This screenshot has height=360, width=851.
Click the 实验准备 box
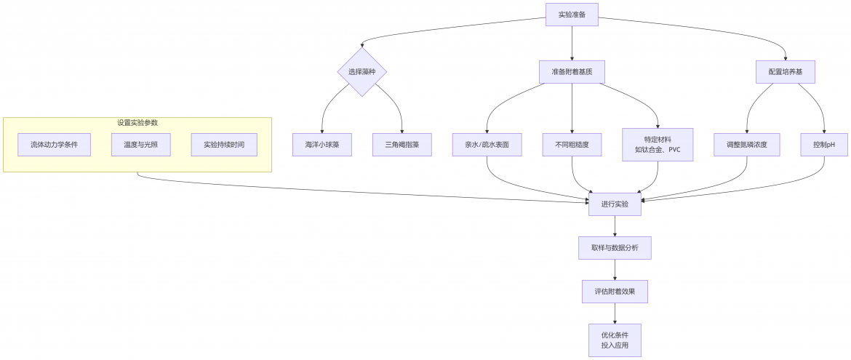click(572, 14)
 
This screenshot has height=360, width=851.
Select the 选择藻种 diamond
click(362, 72)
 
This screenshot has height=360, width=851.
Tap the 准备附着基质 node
click(572, 72)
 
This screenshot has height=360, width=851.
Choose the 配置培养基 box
click(786, 72)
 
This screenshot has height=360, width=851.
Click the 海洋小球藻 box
click(322, 145)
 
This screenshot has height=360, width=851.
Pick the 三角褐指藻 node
click(402, 145)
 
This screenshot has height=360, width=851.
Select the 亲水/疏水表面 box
click(487, 145)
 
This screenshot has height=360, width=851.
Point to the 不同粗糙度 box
click(572, 145)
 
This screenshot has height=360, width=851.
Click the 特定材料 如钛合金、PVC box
click(658, 145)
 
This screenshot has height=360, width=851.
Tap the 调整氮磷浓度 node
click(746, 145)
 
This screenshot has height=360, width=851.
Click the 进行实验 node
click(615, 204)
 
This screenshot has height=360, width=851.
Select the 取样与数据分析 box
click(615, 247)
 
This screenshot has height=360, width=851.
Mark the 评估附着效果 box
click(615, 292)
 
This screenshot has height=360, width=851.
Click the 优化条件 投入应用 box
click(615, 340)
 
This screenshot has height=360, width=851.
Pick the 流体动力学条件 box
click(54, 145)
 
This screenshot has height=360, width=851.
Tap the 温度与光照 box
click(141, 145)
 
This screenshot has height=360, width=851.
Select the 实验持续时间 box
click(224, 145)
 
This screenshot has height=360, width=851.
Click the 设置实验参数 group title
click(137, 123)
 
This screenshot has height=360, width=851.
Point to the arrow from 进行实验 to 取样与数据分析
click(615, 226)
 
